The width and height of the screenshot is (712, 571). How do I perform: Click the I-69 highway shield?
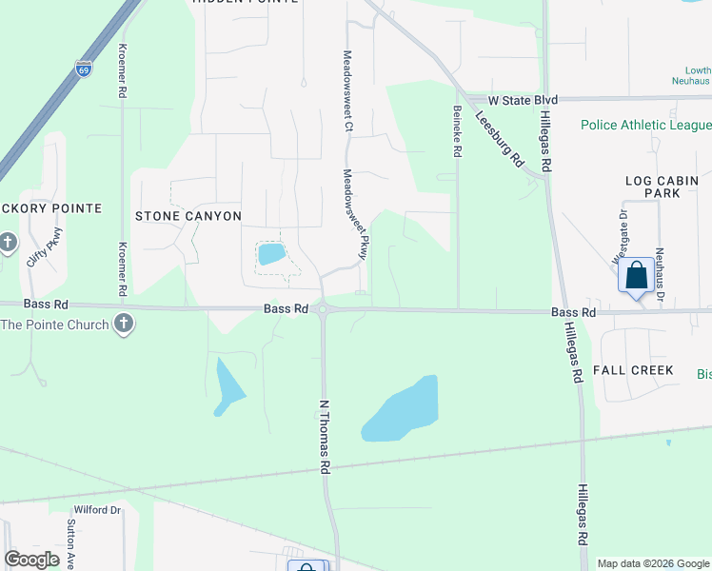83,69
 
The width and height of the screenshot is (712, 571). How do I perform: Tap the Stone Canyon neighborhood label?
188,216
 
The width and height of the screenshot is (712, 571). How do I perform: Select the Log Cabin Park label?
662,187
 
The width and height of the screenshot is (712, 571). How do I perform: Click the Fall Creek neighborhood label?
633,369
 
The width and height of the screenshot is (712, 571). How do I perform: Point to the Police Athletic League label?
646,126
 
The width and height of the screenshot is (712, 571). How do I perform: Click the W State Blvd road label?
522,100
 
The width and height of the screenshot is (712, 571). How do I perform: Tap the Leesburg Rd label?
501,141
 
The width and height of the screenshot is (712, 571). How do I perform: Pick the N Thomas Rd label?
325,436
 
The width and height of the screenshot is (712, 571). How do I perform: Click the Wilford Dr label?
98,510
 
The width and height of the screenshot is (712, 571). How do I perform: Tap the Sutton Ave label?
71,538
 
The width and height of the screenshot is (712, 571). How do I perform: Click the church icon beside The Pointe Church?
123,325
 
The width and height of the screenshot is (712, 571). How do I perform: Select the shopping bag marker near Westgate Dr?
636,275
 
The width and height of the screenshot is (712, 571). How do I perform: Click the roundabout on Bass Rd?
323,308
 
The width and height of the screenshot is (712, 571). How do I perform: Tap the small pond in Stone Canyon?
270,254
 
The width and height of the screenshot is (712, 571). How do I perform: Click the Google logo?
32,560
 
